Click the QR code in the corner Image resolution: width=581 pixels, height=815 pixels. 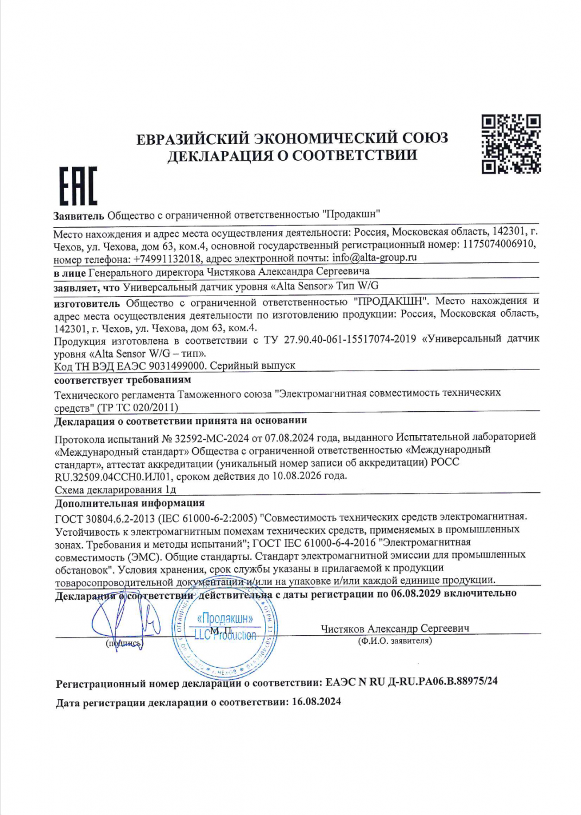[x=511, y=144]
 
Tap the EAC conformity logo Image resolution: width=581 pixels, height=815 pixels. [x=78, y=186]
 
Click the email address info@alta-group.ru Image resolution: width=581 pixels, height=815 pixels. [x=375, y=258]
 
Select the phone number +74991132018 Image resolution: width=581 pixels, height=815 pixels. [x=167, y=259]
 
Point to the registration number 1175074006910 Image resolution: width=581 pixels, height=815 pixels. [x=498, y=244]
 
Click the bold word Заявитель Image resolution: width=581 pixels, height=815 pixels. [x=78, y=216]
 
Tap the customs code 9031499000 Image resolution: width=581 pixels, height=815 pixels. [x=178, y=366]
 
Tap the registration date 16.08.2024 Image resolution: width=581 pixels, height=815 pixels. [x=316, y=701]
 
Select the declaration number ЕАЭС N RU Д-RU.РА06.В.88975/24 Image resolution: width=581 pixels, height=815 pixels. [x=411, y=681]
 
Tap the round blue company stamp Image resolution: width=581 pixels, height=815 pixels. [x=224, y=633]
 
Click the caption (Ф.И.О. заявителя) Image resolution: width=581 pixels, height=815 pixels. [x=395, y=641]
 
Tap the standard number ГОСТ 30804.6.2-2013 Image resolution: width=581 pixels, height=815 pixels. [x=105, y=518]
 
